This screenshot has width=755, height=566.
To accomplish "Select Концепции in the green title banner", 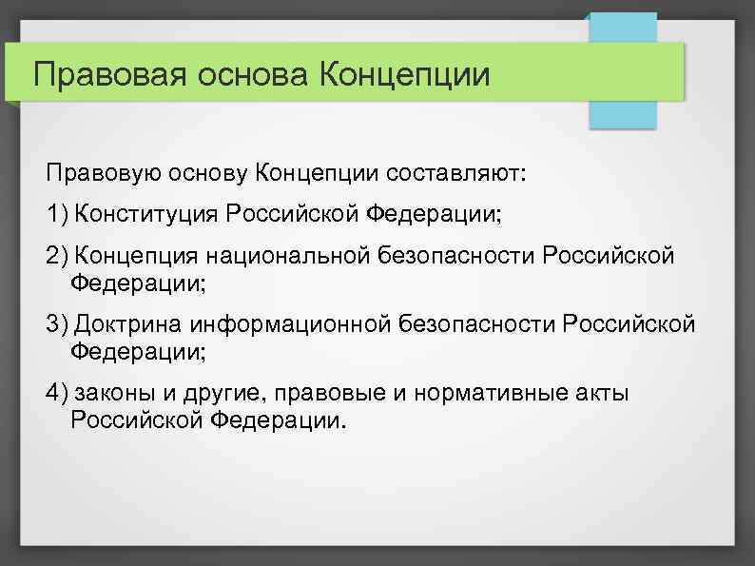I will coord(408,73).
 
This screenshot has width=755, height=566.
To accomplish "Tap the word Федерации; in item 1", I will coord(432,214).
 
